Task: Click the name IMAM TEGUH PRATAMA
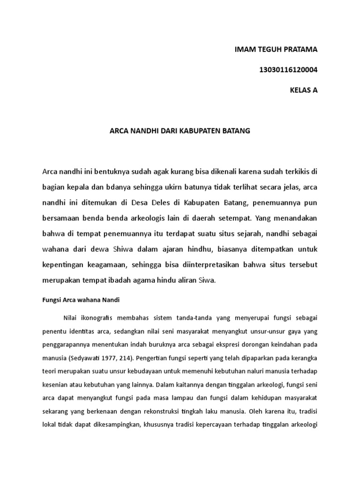276,50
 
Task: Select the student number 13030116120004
288,70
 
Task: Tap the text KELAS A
304,90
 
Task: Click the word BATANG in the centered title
237,131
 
